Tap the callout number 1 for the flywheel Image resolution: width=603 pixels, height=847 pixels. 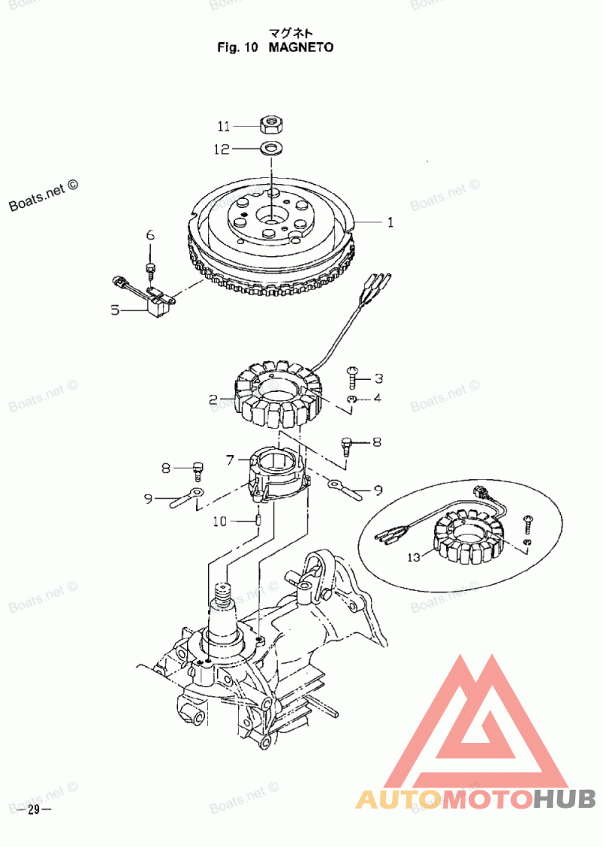(390, 222)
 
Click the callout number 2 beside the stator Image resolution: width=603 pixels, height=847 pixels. (213, 399)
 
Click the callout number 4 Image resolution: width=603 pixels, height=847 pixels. (378, 397)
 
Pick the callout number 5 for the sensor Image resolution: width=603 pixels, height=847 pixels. (115, 310)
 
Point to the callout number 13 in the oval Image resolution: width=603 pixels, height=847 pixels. (413, 558)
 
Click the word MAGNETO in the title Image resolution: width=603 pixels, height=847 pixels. (301, 47)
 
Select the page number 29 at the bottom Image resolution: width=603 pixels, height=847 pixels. (32, 810)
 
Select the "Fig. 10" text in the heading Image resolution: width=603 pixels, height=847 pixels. (238, 47)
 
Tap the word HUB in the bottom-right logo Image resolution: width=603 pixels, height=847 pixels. (565, 799)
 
